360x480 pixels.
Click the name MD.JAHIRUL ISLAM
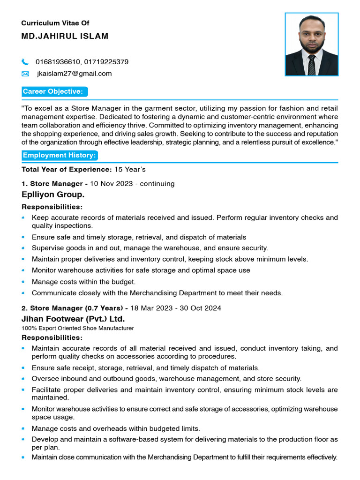coord(65,37)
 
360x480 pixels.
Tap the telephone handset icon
coord(25,62)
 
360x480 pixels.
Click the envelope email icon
coord(25,74)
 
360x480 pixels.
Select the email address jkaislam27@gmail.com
coord(74,74)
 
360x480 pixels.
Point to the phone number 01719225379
coord(106,62)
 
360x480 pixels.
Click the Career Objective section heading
coord(53,92)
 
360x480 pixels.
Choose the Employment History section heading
coord(60,155)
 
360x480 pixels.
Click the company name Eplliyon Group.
coord(53,195)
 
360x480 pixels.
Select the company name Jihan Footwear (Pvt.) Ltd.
coord(73,319)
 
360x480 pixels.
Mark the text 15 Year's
coord(130,169)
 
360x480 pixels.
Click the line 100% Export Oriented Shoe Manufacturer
coord(78,328)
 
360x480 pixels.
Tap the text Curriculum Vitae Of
coord(55,23)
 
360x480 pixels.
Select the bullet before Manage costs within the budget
coord(23,282)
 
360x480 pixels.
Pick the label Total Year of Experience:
coord(67,169)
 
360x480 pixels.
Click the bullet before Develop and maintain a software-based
coord(23,439)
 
